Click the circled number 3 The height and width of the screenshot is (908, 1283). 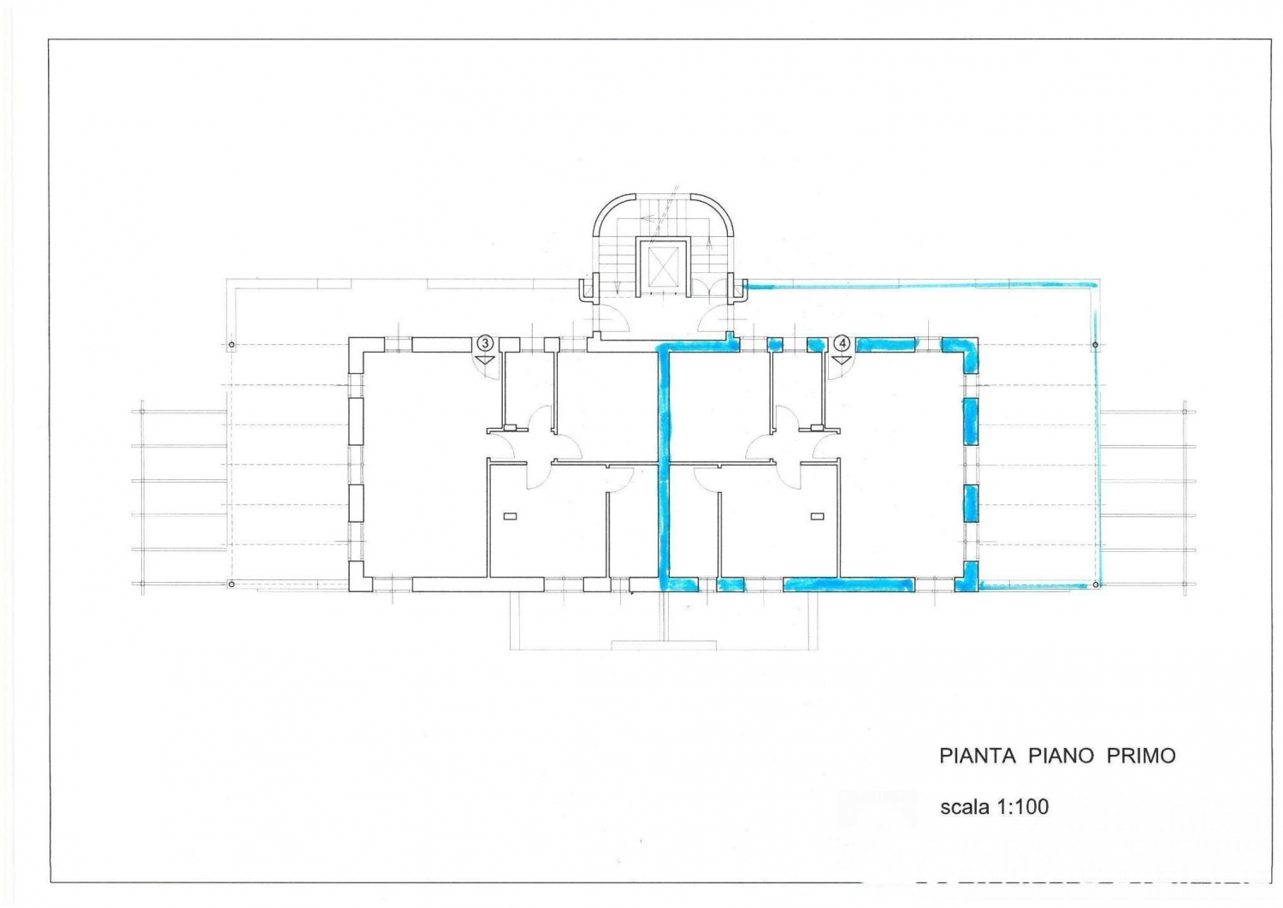coord(485,343)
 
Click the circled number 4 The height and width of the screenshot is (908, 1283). coord(842,343)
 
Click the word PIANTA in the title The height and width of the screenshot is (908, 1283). coord(977,756)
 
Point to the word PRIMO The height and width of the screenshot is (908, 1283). coord(1141,756)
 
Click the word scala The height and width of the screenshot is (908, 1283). coord(965,806)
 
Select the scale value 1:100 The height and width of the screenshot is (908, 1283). coord(1023,806)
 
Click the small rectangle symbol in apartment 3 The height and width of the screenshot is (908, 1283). coord(510,517)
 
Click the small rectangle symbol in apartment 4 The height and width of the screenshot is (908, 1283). coord(818,517)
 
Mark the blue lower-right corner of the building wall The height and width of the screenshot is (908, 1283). coord(968,583)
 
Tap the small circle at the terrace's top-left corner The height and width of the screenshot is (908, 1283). coord(232,345)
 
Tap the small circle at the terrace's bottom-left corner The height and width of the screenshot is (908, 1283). coord(232,585)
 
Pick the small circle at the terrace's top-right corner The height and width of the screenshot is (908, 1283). coord(1095,345)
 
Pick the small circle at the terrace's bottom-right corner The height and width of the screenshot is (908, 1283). coord(1096,585)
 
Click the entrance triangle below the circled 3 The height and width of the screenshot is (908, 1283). coord(485,360)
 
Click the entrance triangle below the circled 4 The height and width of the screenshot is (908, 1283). coord(842,360)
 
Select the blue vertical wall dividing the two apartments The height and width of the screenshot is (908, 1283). coord(665,467)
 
